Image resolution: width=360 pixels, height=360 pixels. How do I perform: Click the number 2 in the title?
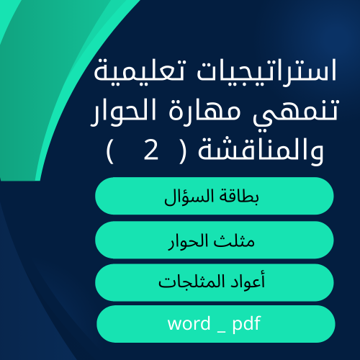(151, 152)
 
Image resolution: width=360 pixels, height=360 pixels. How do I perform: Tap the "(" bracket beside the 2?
(180, 152)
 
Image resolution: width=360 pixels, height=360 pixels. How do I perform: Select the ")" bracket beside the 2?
(110, 152)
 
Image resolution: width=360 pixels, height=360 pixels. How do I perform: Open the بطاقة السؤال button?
(215, 196)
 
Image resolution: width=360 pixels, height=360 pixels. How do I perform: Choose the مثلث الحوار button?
(215, 240)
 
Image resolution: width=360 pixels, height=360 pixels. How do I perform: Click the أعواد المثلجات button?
(215, 282)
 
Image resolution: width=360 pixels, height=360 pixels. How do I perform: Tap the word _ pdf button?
(215, 324)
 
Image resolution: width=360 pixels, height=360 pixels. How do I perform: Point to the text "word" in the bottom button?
(188, 324)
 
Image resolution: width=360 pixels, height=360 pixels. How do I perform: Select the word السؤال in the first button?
(191, 196)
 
